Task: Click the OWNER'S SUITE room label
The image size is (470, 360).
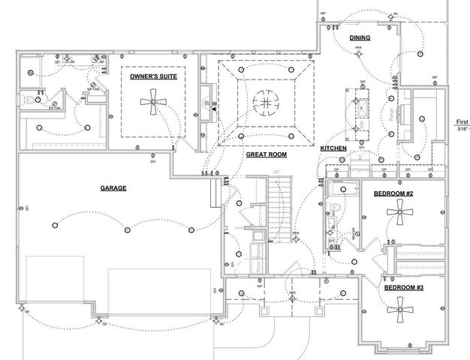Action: point(153,77)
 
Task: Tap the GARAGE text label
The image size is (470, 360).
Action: point(113,188)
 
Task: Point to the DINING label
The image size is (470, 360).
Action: point(360,37)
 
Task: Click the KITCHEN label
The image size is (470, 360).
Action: point(333,148)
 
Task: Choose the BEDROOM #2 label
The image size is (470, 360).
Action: point(393,194)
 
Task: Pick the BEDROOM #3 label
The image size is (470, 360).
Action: point(403,287)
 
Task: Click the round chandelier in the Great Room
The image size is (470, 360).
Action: point(265,101)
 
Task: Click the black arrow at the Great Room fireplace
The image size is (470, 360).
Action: point(213,109)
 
